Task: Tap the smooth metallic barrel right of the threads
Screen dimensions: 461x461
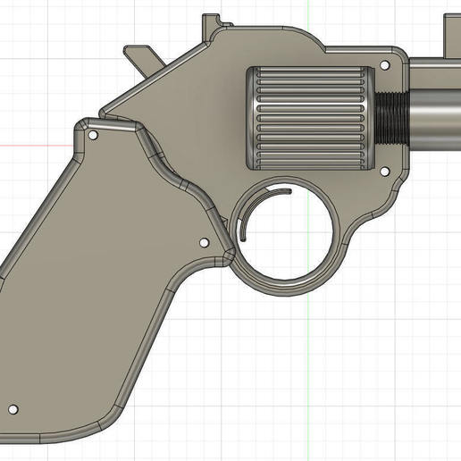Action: (436, 120)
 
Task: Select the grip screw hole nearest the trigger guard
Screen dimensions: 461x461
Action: (203, 242)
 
